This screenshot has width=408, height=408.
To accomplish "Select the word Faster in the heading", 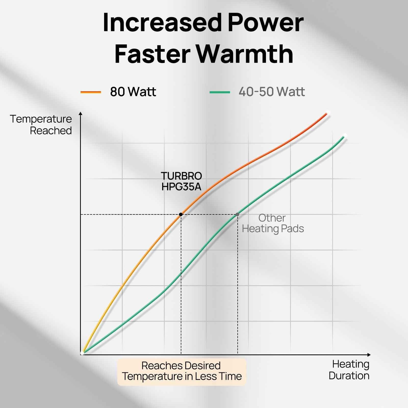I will point(152,54).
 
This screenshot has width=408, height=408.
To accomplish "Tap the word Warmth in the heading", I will point(245,54).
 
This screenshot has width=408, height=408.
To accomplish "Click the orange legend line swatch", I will point(91,92).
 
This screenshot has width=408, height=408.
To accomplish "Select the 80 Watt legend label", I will point(133,92).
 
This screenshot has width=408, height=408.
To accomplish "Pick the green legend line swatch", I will point(220,92).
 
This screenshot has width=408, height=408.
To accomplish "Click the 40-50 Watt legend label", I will point(272,92).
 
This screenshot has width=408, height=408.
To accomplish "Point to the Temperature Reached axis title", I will point(41,125).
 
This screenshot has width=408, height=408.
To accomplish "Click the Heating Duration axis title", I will point(349,370).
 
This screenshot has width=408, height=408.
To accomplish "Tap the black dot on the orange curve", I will point(181,214).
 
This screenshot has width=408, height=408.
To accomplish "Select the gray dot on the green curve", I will point(237,214).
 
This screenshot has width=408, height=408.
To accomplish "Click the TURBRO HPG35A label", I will point(181,181).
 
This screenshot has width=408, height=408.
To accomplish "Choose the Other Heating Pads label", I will point(273,223).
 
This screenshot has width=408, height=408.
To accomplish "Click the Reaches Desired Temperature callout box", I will point(182,371).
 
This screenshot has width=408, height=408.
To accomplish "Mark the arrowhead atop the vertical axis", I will point(81,113).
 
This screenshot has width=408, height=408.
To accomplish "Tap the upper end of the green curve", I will point(345,135).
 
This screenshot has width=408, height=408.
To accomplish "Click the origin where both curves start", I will point(82,353).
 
